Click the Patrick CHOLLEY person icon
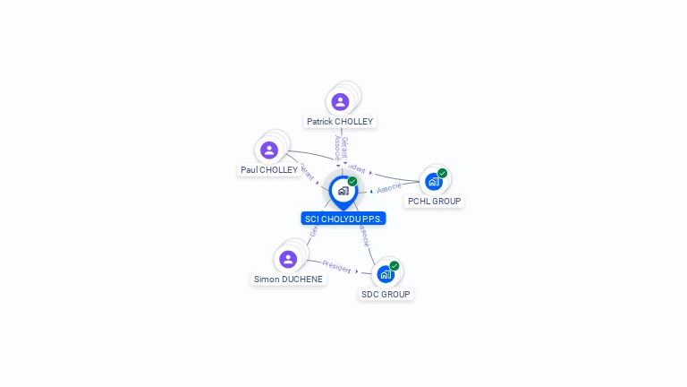(x=340, y=101)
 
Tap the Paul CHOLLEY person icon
(x=269, y=150)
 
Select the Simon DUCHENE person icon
(x=288, y=259)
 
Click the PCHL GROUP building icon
(x=433, y=182)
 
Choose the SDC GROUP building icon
(x=385, y=274)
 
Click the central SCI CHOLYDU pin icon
(x=343, y=191)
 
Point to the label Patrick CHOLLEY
(x=340, y=121)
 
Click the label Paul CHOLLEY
(x=269, y=169)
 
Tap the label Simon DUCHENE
(x=288, y=279)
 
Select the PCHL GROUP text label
(x=434, y=202)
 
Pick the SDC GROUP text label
(x=386, y=294)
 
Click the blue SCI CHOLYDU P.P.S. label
(x=343, y=219)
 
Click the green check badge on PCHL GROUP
(x=442, y=173)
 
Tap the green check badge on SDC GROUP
(x=394, y=265)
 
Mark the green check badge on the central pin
(x=352, y=181)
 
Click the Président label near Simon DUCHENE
(x=336, y=266)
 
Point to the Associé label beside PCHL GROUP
(x=390, y=188)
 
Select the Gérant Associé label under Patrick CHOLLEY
(x=341, y=148)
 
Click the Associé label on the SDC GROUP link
(x=363, y=235)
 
